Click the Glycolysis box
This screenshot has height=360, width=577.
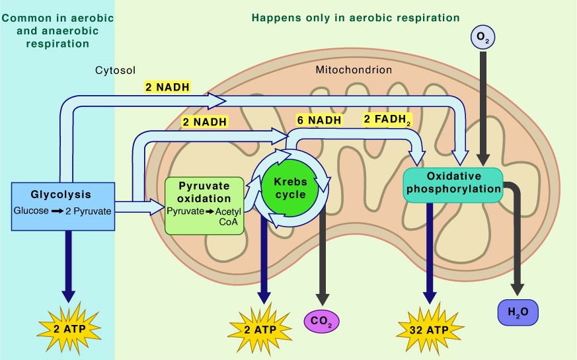(63, 206)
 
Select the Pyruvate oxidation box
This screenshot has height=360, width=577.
(204, 206)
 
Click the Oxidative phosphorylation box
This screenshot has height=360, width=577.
(453, 186)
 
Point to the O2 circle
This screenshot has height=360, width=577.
(482, 37)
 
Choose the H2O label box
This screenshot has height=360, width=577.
(518, 312)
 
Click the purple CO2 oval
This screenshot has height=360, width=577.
(322, 321)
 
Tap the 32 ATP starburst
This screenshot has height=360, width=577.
(430, 329)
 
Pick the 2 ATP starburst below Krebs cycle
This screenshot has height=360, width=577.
(260, 329)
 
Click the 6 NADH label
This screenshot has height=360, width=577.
(319, 120)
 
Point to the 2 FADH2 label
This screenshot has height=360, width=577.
(387, 120)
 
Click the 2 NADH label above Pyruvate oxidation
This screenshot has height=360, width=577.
(205, 122)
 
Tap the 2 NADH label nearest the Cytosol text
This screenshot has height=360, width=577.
(167, 87)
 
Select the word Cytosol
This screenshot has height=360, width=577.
(115, 70)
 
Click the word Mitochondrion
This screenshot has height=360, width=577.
(354, 70)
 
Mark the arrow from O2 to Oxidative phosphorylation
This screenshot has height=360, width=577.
(482, 108)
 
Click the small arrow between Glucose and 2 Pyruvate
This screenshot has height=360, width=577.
(57, 211)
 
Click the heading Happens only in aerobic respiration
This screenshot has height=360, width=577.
(356, 18)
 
